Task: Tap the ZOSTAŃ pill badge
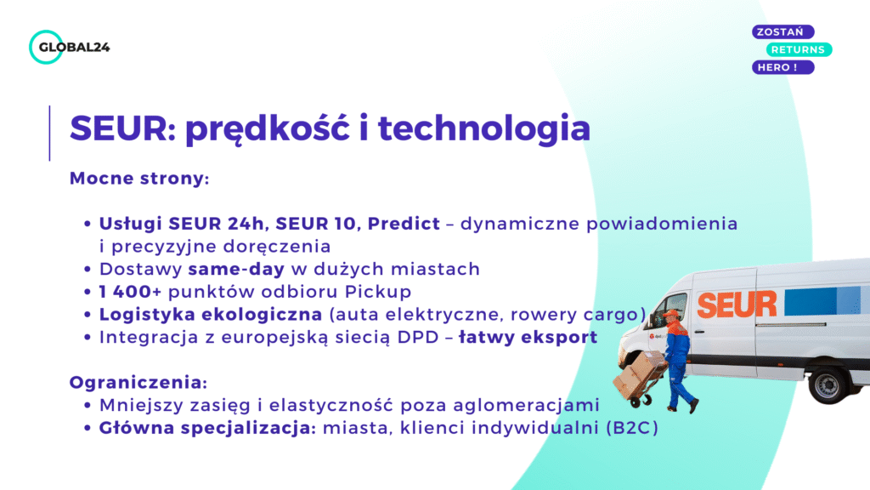(x=782, y=31)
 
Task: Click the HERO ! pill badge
(x=782, y=67)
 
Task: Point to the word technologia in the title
(x=483, y=128)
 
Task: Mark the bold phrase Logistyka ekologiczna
(x=210, y=314)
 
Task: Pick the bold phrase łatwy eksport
(x=528, y=337)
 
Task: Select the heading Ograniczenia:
(x=138, y=382)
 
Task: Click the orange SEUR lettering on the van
(x=737, y=305)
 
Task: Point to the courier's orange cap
(x=671, y=314)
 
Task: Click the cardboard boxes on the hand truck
(x=633, y=375)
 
